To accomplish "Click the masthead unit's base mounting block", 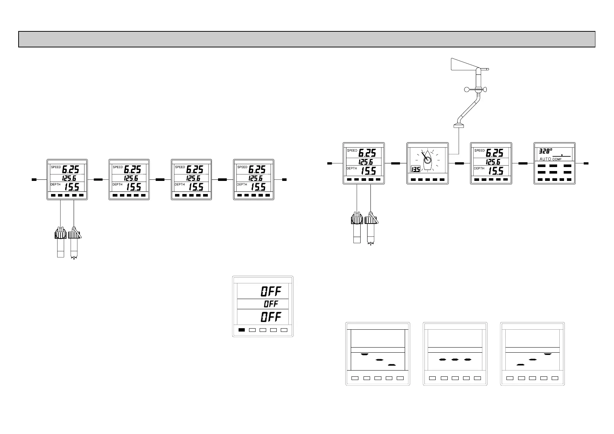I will [x=458, y=126].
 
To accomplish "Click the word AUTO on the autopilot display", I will [x=545, y=159].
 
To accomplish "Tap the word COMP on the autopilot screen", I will [x=557, y=159].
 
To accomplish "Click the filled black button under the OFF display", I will [x=241, y=330].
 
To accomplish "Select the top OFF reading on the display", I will [x=271, y=291].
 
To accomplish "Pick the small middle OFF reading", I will [x=271, y=304].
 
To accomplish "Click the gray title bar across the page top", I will [x=307, y=39].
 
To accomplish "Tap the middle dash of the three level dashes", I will [x=454, y=360].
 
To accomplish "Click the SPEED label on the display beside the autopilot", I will [x=479, y=150].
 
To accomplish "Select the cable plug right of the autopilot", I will [x=586, y=163].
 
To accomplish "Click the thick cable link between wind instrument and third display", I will [x=459, y=163].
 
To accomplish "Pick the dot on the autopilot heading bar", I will [x=562, y=155].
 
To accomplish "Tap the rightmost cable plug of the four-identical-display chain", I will [x=284, y=179].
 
